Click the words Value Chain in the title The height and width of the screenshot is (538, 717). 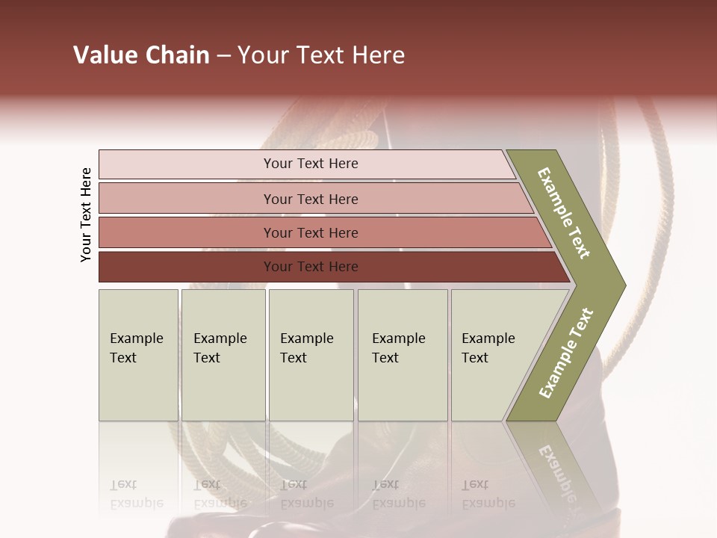(141, 55)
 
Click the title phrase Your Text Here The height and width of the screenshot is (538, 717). (321, 55)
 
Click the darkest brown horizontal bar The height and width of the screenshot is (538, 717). (187, 267)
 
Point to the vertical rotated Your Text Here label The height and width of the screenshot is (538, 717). (86, 214)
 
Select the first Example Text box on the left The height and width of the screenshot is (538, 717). (138, 355)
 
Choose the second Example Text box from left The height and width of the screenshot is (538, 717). (223, 355)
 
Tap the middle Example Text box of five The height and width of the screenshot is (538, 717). (311, 355)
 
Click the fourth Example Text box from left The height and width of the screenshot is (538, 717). (402, 355)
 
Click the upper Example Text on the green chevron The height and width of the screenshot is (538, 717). (564, 213)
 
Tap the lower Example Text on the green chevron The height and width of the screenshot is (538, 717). (566, 353)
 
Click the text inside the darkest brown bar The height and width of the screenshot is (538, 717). (311, 267)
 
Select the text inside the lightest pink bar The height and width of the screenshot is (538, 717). (311, 164)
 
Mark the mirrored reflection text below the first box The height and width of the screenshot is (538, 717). (136, 494)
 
